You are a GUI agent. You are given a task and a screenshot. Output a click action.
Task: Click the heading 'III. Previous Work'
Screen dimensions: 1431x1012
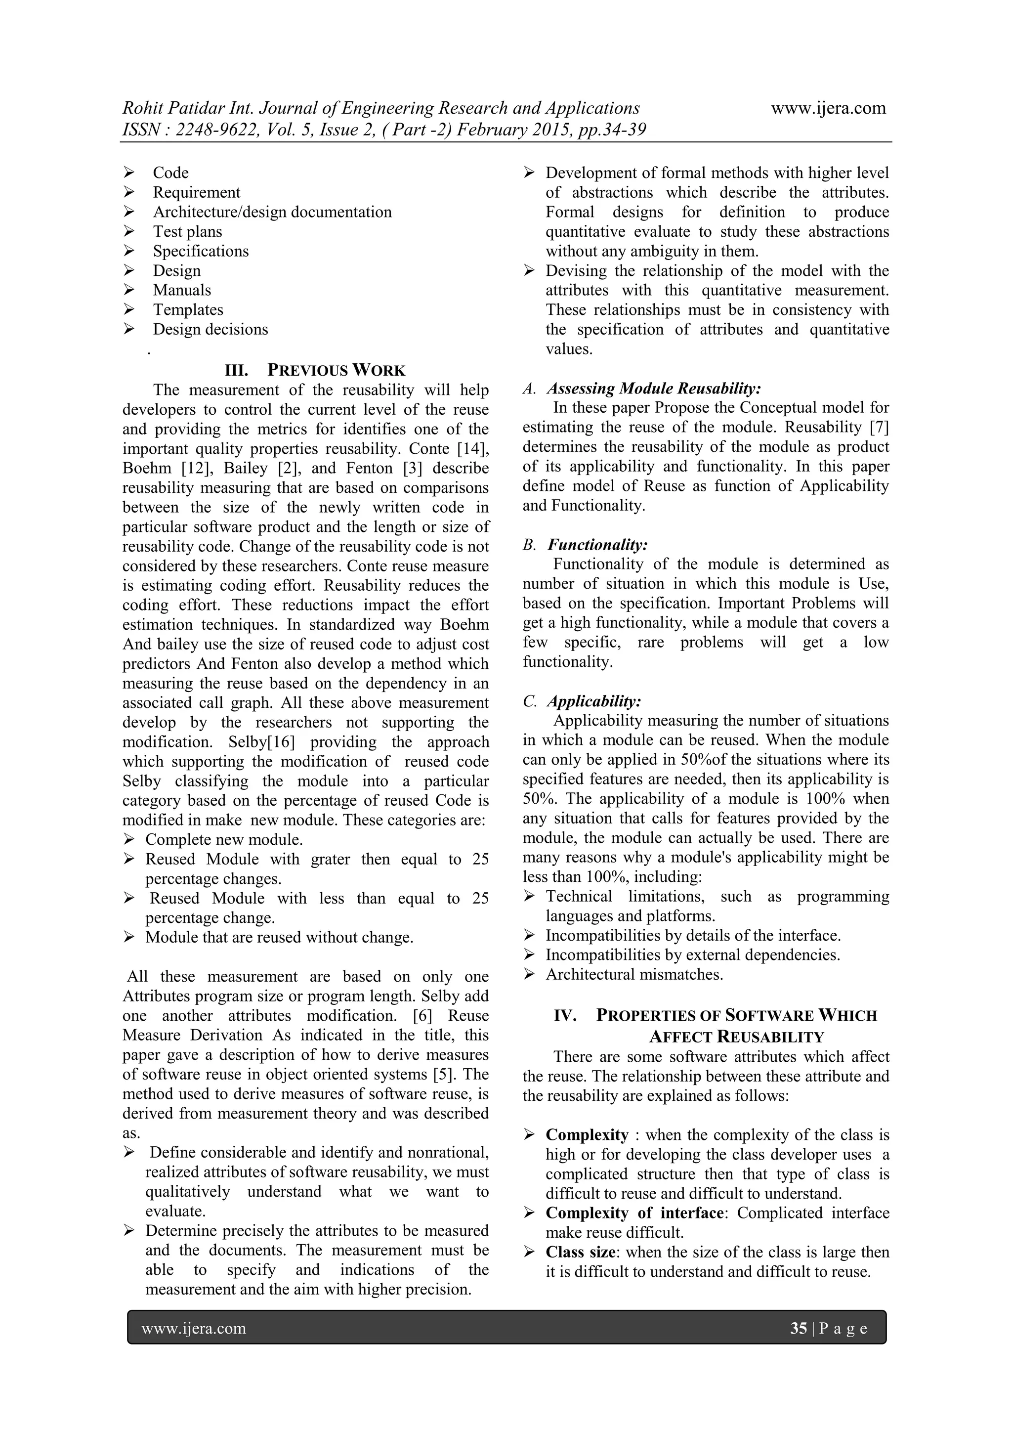315,370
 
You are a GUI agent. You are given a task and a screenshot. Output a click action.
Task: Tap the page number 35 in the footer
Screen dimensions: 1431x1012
798,1328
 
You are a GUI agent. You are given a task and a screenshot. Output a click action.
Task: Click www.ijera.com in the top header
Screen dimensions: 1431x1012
828,108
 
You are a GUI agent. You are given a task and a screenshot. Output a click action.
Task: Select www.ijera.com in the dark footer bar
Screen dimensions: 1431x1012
194,1328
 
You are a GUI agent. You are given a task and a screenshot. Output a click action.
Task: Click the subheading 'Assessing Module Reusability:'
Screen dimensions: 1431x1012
654,389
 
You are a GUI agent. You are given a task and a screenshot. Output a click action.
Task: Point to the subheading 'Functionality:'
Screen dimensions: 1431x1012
597,545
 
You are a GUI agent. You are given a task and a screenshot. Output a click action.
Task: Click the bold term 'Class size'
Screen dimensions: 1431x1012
580,1252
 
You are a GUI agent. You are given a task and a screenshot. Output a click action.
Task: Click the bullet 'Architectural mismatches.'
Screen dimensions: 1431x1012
634,974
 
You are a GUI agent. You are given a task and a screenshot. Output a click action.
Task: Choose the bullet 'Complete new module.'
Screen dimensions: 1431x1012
224,839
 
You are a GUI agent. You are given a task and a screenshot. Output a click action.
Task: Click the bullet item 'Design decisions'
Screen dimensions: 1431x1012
211,329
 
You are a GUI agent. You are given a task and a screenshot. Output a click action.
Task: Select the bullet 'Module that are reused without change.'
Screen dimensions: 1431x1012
279,937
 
